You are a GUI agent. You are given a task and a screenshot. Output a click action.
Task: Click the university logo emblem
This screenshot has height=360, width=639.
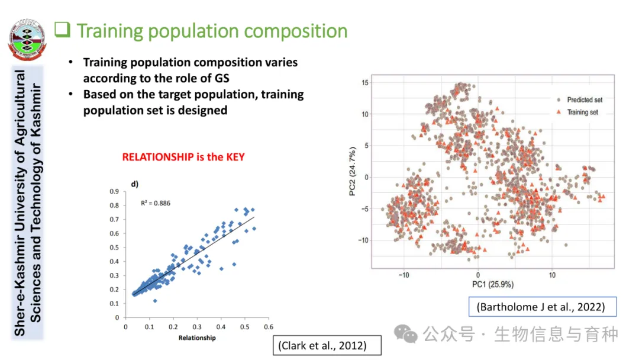pyautogui.click(x=27, y=42)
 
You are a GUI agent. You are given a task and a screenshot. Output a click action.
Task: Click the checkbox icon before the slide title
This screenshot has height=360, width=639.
pyautogui.click(x=62, y=29)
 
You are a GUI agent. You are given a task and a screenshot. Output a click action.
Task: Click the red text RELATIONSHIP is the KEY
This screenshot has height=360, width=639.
pyautogui.click(x=183, y=157)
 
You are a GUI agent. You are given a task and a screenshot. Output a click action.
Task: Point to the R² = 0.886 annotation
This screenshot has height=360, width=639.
pyautogui.click(x=156, y=203)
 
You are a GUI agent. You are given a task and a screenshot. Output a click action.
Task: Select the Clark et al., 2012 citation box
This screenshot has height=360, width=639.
pyautogui.click(x=322, y=345)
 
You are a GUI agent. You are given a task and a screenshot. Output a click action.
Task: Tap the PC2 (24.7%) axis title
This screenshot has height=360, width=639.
pyautogui.click(x=352, y=173)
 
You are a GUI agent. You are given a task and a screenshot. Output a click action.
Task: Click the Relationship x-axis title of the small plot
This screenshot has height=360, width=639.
pyautogui.click(x=196, y=338)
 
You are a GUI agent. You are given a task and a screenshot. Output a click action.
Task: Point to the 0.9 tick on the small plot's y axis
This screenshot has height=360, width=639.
pyautogui.click(x=114, y=191)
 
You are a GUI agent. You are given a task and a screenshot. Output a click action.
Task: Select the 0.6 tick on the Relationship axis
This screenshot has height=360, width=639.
pyautogui.click(x=268, y=326)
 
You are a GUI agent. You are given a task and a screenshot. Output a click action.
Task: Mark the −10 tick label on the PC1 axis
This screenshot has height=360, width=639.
pyautogui.click(x=404, y=275)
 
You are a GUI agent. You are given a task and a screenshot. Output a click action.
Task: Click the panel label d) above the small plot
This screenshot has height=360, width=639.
pyautogui.click(x=134, y=184)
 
